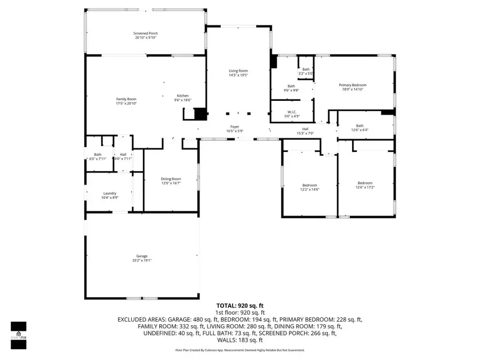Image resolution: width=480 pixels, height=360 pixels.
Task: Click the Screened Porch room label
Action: coord(145,33)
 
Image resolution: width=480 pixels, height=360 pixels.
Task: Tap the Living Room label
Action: coord(238,71)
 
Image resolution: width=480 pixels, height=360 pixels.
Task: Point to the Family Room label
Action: coord(126,99)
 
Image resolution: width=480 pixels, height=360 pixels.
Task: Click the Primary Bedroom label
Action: coord(353,85)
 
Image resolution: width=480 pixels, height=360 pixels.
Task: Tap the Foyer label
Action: coord(235,126)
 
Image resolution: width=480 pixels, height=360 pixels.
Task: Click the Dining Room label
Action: coord(171,179)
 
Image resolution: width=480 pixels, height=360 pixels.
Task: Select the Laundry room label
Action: coord(110,194)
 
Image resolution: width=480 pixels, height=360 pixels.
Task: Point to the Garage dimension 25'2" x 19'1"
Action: coord(142,261)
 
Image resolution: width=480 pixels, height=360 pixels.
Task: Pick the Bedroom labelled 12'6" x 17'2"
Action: coord(365,182)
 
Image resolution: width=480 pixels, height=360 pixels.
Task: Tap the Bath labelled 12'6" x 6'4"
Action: coord(360,126)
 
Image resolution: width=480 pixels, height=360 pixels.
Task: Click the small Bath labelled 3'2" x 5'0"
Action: coord(306,69)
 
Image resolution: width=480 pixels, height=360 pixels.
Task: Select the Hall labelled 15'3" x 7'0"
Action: coord(305,129)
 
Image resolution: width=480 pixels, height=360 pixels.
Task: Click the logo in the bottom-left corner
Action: coord(19,335)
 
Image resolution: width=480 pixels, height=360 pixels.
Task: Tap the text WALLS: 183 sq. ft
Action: coord(239,340)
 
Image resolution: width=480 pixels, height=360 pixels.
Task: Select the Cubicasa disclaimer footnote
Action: coord(239,350)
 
